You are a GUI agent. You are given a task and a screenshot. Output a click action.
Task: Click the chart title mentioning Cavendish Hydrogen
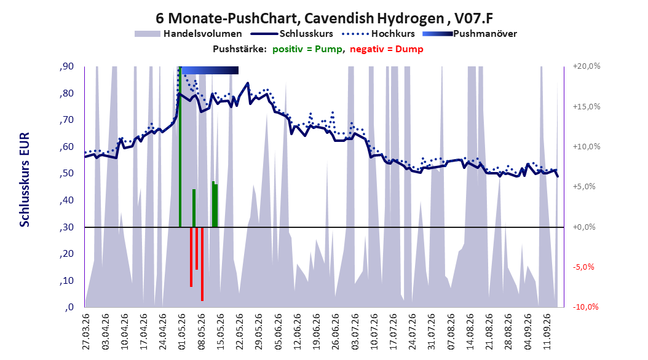[324, 18]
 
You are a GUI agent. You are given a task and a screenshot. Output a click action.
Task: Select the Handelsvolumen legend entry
[189, 34]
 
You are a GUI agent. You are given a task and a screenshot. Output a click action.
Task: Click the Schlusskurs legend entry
[292, 34]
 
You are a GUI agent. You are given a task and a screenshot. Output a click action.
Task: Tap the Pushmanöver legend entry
[470, 34]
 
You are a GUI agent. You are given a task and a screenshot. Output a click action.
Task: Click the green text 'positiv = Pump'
[307, 49]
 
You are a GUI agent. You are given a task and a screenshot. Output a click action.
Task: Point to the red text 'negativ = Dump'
[387, 49]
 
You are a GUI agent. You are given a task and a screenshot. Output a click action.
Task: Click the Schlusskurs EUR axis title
[25, 179]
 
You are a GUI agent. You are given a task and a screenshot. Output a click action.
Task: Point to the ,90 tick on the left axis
[66, 66]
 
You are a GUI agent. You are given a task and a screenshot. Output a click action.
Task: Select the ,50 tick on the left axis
[66, 173]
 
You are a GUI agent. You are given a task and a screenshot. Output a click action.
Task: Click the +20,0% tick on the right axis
[587, 66]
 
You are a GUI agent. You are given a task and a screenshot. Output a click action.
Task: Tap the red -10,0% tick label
[585, 307]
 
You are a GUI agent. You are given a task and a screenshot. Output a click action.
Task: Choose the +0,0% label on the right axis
[584, 227]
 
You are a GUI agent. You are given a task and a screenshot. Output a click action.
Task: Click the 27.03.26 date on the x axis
[85, 332]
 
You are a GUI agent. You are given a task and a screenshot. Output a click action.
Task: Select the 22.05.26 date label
[239, 332]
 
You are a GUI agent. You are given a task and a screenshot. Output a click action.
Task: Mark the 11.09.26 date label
[547, 332]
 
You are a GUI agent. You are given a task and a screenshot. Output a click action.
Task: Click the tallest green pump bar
[180, 147]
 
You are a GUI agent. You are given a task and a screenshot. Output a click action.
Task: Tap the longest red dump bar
[202, 264]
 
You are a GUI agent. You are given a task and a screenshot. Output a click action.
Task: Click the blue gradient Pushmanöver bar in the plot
[210, 71]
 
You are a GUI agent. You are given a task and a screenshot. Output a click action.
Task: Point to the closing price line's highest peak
[248, 83]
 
